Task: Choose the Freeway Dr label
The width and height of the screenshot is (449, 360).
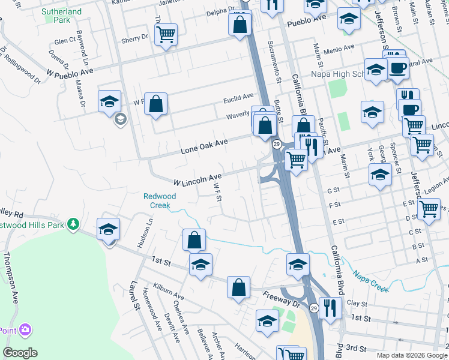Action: coord(281,299)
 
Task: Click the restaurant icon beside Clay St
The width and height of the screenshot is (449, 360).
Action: coord(330,307)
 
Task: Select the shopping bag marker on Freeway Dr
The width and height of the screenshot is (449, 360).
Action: coord(238,286)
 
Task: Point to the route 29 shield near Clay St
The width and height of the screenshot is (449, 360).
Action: coord(314,308)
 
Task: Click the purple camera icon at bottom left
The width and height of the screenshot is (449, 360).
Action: coord(25,329)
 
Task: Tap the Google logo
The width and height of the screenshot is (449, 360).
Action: coord(20,353)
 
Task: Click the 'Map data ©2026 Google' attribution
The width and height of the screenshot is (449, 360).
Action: coord(412,355)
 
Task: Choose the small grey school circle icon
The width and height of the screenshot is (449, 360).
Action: coord(120,119)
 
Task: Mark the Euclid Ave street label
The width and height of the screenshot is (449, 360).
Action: coord(238,97)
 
